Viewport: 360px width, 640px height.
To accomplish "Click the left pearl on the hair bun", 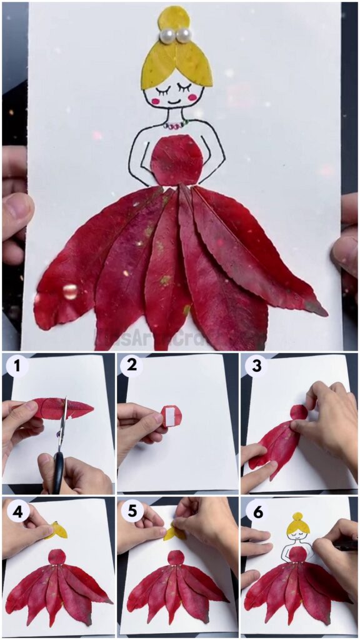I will pos(167,36).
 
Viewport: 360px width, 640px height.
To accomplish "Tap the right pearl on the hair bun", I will pos(183,35).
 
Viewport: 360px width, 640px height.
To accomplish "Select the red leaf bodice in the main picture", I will pos(176,160).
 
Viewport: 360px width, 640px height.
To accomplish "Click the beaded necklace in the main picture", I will pos(175,125).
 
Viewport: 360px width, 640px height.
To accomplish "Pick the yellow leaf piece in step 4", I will pos(59,531).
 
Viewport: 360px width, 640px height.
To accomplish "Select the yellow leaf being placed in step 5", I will pos(172,532).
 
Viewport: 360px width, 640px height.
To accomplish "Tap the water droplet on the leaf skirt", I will pos(70,291).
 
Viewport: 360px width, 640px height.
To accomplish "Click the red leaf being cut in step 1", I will pos(62,407).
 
